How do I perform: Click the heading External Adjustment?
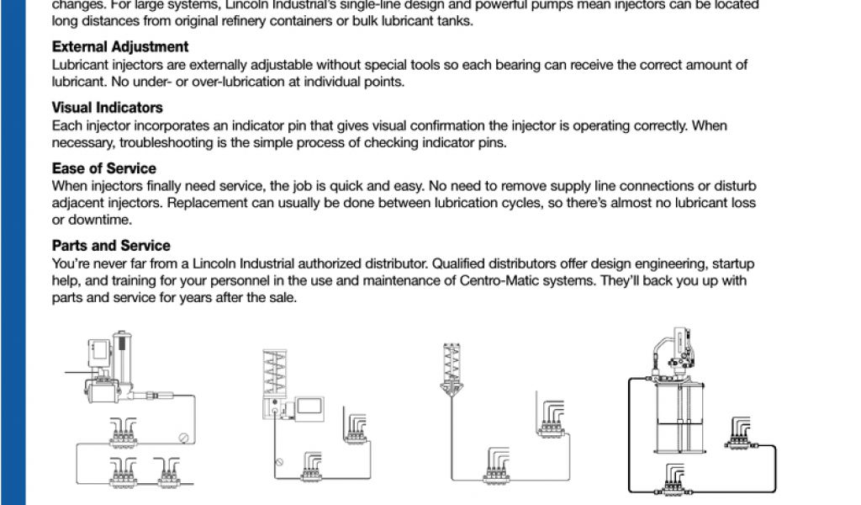click(120, 47)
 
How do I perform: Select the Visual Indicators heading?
click(107, 108)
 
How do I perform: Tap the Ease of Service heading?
click(103, 168)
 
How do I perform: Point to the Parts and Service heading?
click(111, 246)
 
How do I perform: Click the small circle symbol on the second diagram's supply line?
click(280, 462)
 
